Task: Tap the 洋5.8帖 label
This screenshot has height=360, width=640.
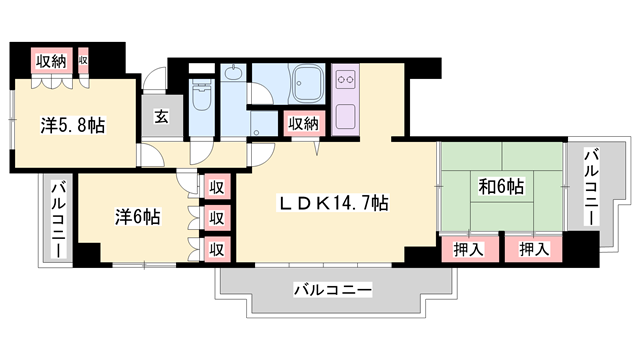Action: (x=73, y=126)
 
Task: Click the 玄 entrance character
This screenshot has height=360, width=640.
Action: (x=160, y=116)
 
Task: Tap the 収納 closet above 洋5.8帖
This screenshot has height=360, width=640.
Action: (x=52, y=61)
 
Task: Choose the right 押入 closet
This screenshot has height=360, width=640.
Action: (x=532, y=249)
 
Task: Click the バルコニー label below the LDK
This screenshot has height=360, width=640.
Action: (x=332, y=290)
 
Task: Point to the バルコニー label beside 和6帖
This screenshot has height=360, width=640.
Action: (x=590, y=187)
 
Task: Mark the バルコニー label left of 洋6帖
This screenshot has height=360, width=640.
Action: (x=58, y=220)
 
